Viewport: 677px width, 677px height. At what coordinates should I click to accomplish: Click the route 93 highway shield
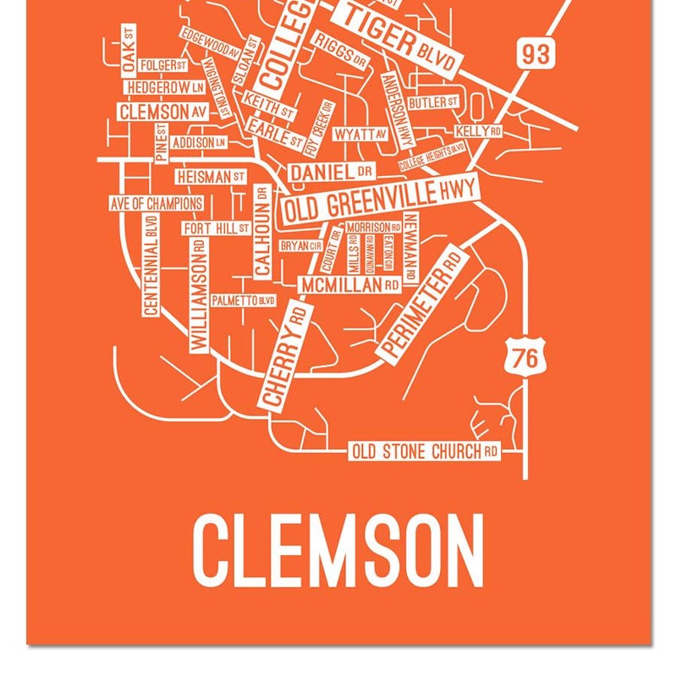click(535, 53)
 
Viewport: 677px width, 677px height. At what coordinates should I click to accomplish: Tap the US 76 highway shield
click(525, 357)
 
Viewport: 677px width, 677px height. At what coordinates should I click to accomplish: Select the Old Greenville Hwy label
click(379, 201)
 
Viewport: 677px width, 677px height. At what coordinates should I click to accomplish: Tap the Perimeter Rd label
click(422, 305)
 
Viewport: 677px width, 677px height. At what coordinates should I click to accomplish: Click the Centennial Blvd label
click(151, 265)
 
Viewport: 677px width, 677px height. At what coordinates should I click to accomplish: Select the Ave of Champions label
click(157, 204)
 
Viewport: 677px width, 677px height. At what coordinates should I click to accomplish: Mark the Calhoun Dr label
click(262, 232)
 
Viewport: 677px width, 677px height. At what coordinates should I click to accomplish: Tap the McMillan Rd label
click(350, 285)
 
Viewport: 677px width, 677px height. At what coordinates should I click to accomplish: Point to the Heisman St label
click(211, 177)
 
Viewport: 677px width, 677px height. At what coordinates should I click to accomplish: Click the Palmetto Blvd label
click(244, 300)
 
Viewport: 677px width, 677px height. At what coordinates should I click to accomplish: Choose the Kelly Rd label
click(479, 132)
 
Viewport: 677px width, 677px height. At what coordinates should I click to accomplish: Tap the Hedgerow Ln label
click(166, 87)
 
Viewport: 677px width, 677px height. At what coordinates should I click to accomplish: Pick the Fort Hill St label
click(216, 228)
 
